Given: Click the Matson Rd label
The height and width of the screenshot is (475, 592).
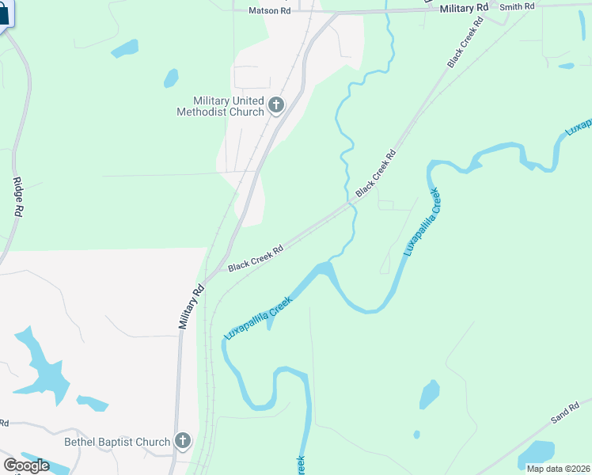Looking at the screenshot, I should tap(269, 10).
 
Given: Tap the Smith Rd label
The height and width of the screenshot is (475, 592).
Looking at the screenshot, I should tap(518, 6).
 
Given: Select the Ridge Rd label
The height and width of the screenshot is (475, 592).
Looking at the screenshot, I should tap(17, 198).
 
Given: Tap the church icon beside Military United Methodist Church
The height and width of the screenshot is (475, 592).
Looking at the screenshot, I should tap(276, 104).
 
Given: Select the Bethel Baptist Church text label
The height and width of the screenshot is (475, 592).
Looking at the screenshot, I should tap(117, 442).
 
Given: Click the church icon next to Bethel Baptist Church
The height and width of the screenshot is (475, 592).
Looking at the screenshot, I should tap(183, 441).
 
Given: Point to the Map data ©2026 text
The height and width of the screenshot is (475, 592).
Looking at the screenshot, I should tap(558, 469).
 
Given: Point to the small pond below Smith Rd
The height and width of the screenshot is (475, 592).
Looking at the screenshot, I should tap(566, 66).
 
